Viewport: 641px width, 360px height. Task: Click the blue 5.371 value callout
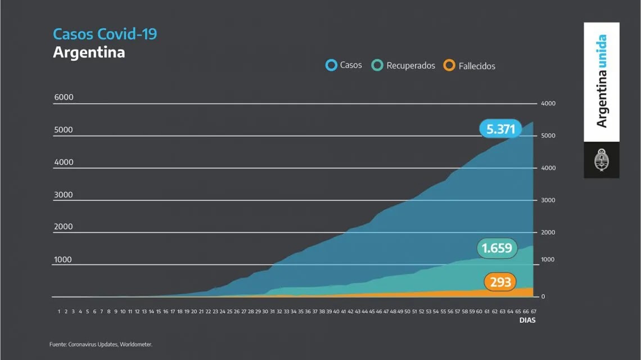coord(500,129)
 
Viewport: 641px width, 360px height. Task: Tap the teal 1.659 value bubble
coord(497,247)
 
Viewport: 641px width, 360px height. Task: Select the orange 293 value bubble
coord(500,282)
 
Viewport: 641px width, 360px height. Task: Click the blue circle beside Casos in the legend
coord(331,65)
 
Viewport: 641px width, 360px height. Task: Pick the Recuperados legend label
coord(410,66)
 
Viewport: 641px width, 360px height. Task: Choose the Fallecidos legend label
coord(477,66)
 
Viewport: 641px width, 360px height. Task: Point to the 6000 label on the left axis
coord(64,97)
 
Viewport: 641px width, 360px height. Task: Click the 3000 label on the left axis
coord(64,195)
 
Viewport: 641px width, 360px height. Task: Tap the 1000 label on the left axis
coord(64,260)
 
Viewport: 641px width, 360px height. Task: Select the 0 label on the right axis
coord(543,296)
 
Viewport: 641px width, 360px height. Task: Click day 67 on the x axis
coord(532,310)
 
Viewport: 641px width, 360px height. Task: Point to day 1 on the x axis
coord(59,310)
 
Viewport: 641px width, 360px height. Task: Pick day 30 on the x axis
coord(265,310)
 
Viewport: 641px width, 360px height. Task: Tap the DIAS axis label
coord(527,321)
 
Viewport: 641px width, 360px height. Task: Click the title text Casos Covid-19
coord(105,34)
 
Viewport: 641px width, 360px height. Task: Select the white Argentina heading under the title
coord(89,52)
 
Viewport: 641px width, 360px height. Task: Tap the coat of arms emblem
coord(601,160)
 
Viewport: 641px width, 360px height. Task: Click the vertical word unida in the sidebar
coord(602,52)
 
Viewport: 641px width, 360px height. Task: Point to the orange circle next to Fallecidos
coord(449,65)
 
